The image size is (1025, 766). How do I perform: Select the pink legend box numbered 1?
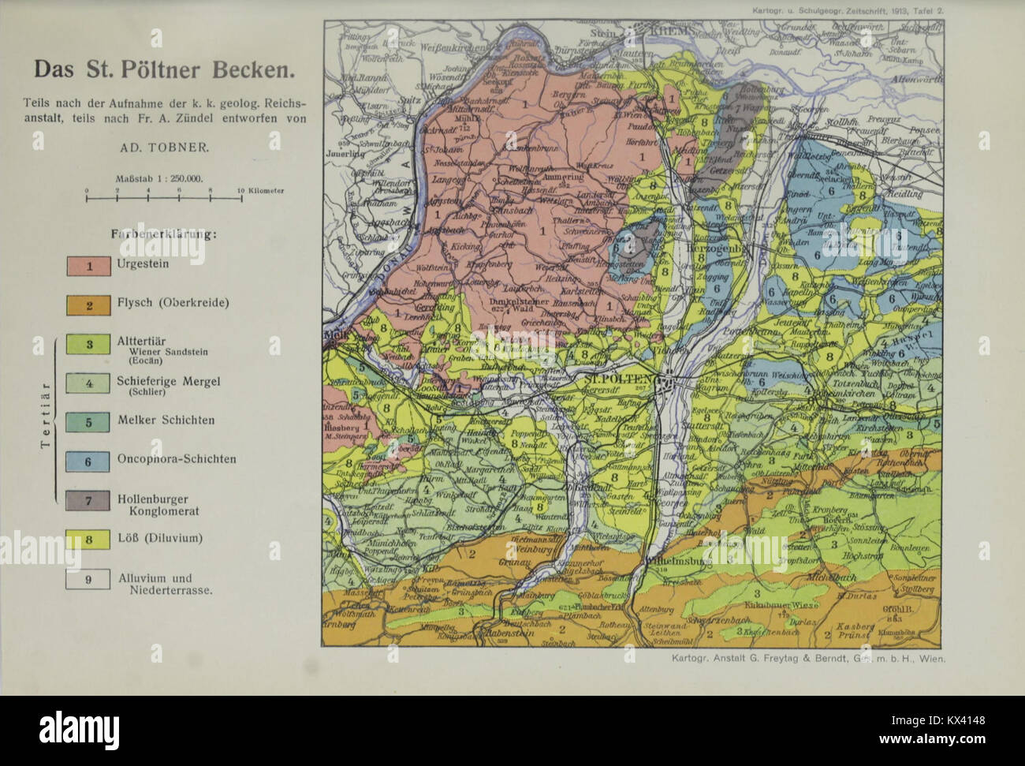point(88,266)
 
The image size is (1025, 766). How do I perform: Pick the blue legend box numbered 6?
point(88,460)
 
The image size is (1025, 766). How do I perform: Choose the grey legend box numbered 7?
point(88,500)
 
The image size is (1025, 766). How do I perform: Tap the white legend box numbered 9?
point(88,579)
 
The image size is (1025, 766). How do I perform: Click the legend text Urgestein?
point(143,264)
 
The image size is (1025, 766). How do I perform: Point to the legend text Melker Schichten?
point(166,420)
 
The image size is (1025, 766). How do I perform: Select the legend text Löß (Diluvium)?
point(160,538)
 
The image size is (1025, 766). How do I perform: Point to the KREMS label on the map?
point(670,30)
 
